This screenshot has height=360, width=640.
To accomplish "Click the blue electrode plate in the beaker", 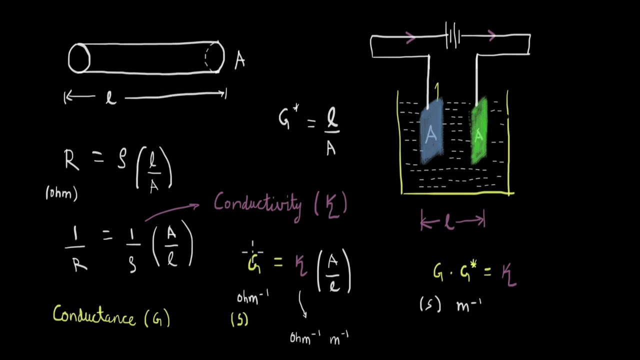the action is pos(431,132).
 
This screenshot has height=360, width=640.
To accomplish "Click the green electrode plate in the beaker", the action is pos(479,131).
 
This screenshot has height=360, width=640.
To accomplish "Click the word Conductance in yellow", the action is pos(93,315).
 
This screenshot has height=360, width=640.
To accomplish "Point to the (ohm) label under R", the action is pos(61,193).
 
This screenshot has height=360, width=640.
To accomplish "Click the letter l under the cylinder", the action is pos(110,97).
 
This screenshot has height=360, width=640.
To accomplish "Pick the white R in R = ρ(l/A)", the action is pos(71,160).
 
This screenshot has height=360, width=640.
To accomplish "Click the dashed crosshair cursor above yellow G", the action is pos(252,252).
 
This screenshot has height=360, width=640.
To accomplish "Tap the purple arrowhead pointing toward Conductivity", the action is pos(195,205).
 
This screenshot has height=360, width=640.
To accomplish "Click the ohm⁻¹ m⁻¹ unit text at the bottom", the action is pos(319,337).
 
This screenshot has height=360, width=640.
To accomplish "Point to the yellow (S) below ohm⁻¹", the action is pos(239,319).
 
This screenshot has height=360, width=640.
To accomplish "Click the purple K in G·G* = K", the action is pos(509,275).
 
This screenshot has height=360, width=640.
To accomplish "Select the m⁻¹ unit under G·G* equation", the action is pos(468,305).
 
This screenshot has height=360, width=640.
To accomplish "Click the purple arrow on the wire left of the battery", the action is pos(410,37).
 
